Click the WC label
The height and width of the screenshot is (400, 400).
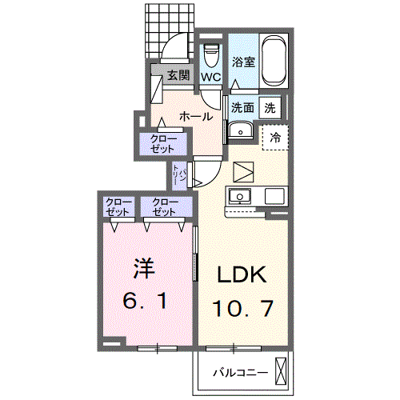[x=210, y=77]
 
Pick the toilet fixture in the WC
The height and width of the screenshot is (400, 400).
[x=211, y=56]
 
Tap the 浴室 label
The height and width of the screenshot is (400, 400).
[x=244, y=61]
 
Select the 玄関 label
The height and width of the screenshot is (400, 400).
[x=178, y=76]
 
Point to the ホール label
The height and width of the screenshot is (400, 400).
[x=195, y=117]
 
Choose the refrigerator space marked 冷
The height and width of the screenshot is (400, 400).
[x=275, y=138]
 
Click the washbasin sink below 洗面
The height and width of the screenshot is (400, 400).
[x=240, y=132]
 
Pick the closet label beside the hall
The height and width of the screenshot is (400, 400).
[x=164, y=143]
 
